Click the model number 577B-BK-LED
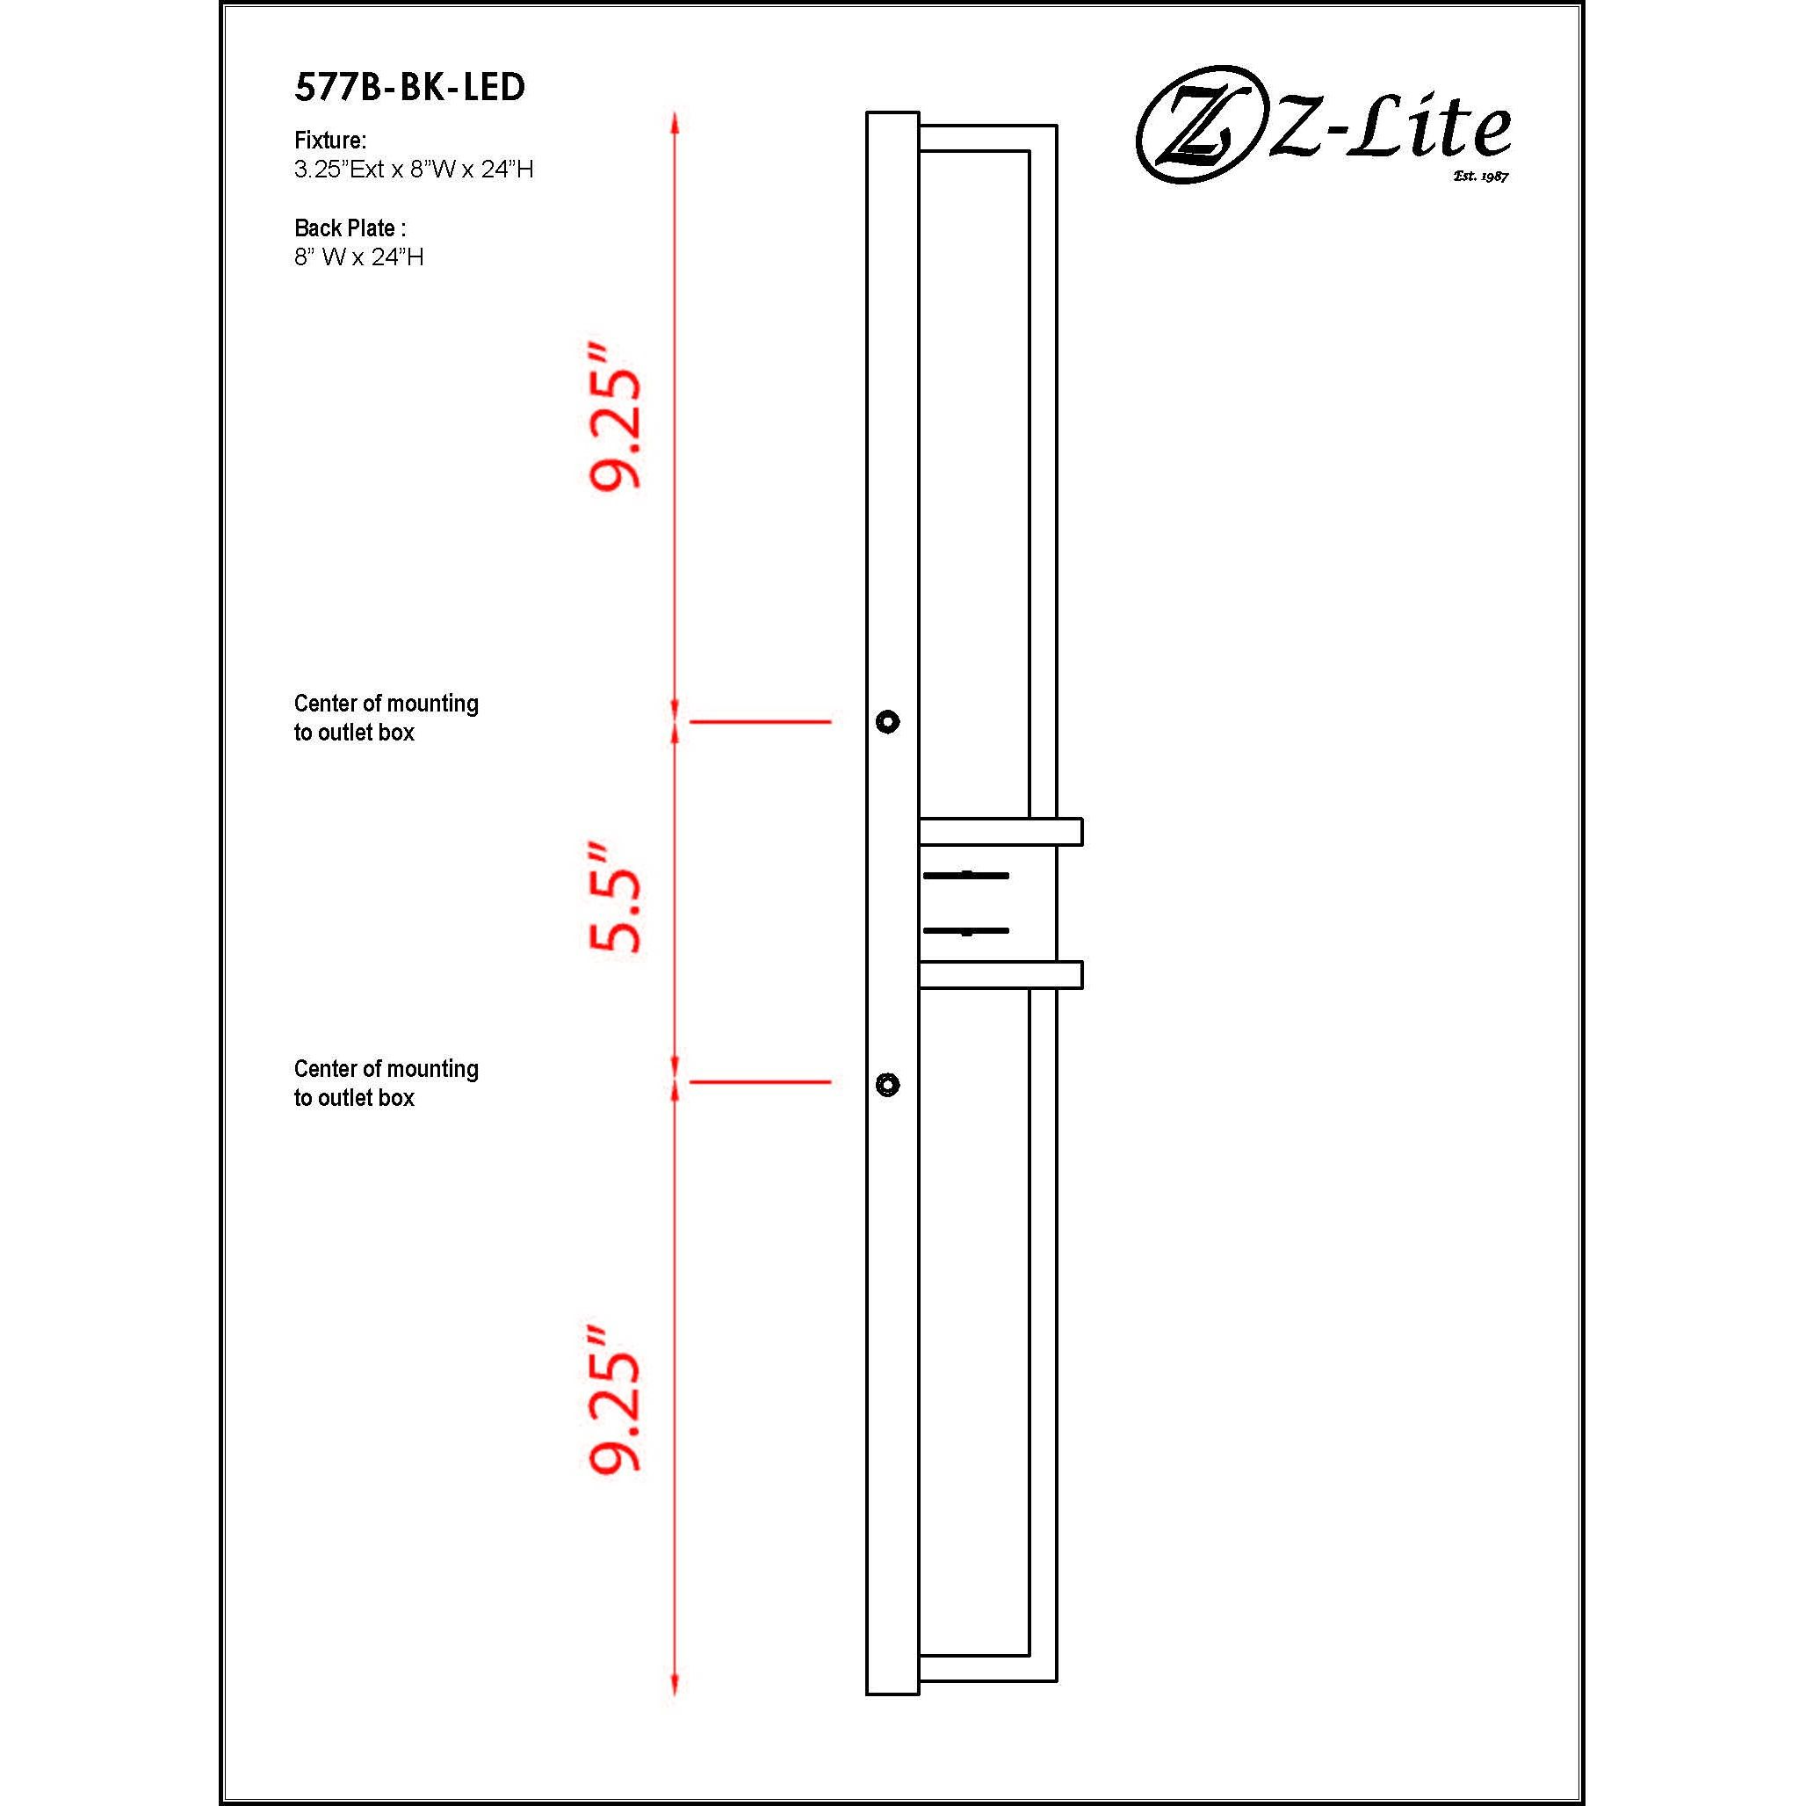point(409,88)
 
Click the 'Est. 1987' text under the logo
point(1481,176)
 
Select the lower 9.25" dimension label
point(616,1398)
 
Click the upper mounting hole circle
point(887,722)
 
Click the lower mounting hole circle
point(887,1084)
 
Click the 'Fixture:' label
point(330,141)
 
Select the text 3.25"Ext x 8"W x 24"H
point(413,170)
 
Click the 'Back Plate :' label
point(350,228)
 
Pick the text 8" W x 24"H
point(359,257)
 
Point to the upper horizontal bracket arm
point(1001,831)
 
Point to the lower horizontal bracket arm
point(1001,974)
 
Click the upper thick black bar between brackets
point(965,875)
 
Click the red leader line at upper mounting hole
point(760,722)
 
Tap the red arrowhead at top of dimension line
point(675,122)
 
